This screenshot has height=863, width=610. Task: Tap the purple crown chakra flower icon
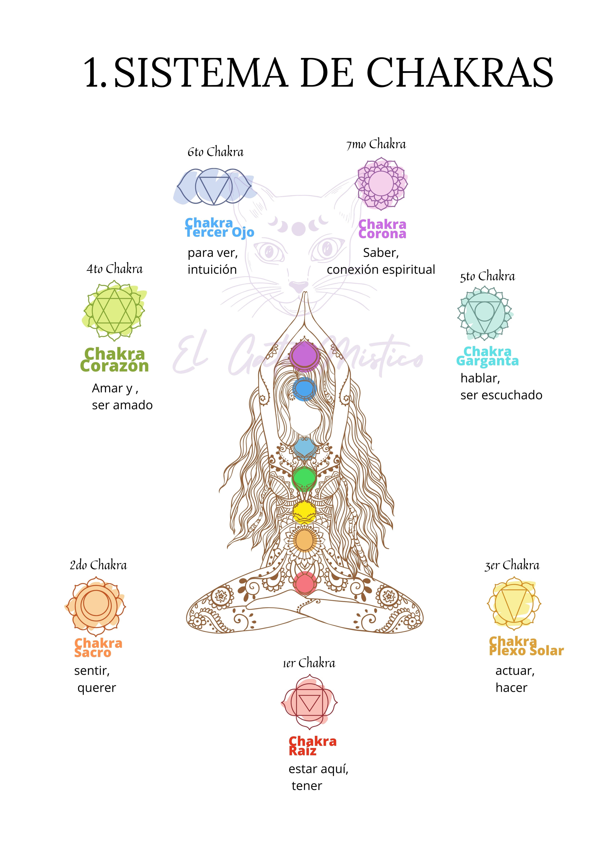(381, 184)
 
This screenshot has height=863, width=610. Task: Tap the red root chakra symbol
(309, 702)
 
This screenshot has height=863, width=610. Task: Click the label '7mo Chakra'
(376, 144)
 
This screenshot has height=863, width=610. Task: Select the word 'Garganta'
(488, 361)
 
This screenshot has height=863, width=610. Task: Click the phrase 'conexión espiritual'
(381, 269)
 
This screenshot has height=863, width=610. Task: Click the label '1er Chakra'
(309, 663)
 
